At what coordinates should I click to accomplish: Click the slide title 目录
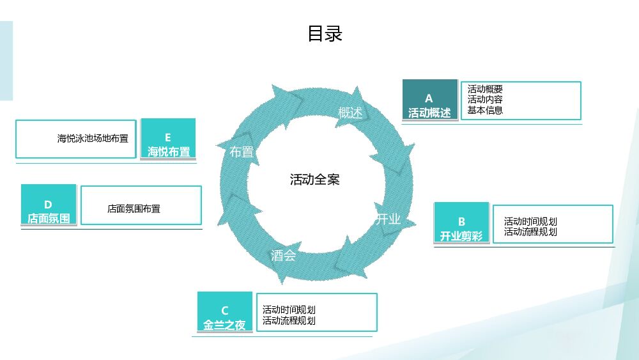point(325,33)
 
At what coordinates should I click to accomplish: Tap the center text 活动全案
point(315,180)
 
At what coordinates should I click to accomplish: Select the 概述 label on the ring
point(350,113)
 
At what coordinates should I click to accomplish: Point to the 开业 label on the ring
point(388,219)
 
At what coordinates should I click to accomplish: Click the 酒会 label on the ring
point(283,256)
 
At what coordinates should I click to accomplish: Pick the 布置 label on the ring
point(242,152)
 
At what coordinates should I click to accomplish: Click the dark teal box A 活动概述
point(429,100)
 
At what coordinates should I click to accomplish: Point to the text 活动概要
point(485,90)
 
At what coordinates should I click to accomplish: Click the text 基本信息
point(485,110)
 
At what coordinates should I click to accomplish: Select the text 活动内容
point(485,100)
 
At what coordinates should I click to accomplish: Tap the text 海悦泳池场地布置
point(93,138)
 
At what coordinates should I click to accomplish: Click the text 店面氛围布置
point(134,208)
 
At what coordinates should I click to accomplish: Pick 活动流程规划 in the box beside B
point(530,232)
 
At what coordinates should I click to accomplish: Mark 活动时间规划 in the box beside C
point(289,310)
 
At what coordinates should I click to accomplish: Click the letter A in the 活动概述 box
point(429,98)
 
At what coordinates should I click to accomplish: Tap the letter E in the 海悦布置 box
point(168,137)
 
